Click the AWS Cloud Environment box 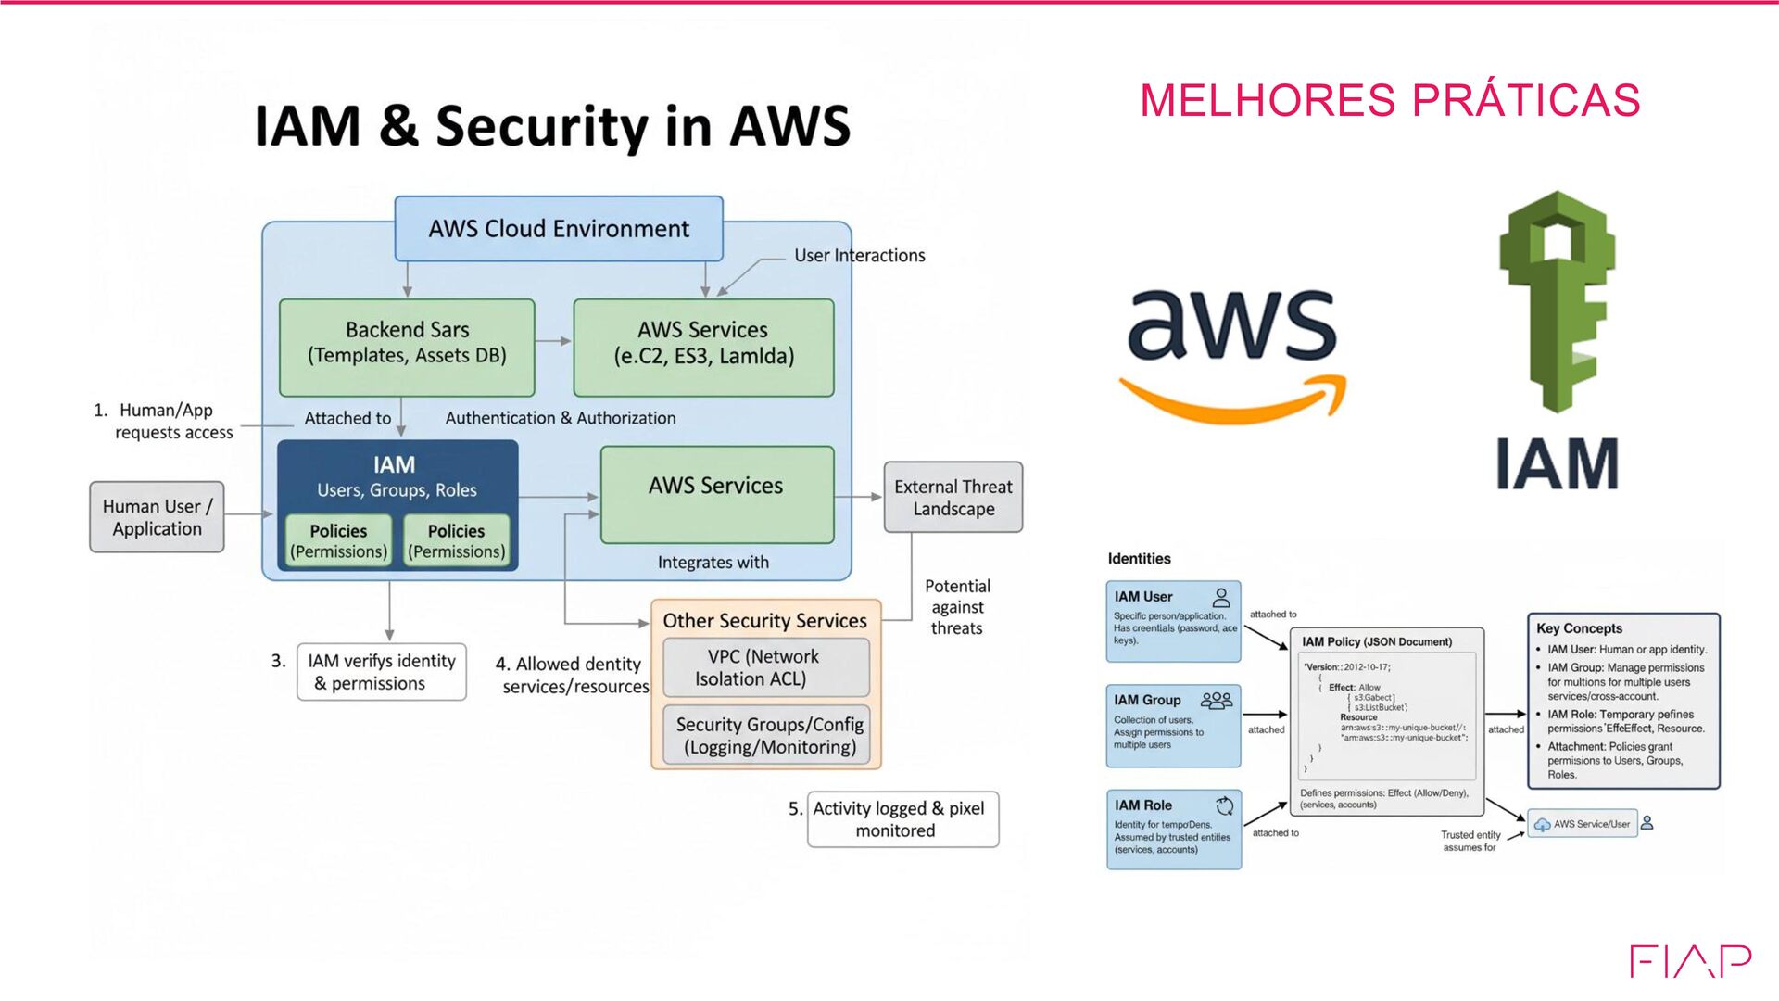(559, 229)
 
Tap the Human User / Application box (157, 517)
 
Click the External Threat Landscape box (953, 498)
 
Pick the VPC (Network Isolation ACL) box (765, 667)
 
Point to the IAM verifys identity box (381, 672)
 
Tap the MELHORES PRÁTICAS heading (1390, 100)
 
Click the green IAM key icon (1558, 301)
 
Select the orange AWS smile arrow (1233, 399)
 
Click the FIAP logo (1690, 961)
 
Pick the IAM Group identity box (1173, 726)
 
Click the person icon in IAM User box (1221, 598)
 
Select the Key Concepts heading (1579, 628)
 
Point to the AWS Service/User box (1583, 824)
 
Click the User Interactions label (859, 256)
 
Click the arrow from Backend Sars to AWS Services (554, 341)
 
